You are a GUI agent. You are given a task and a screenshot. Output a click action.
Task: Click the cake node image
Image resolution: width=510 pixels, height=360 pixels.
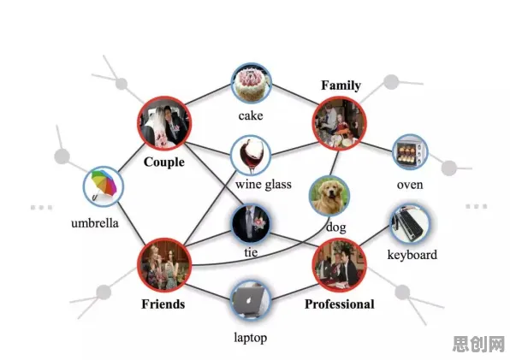(251, 83)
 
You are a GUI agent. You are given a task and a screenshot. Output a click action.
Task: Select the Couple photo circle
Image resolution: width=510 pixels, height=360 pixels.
(164, 123)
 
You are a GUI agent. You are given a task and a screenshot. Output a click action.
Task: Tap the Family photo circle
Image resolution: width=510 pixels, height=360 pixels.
(340, 123)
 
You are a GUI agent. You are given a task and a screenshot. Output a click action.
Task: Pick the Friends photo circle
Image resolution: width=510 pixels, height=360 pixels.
(164, 265)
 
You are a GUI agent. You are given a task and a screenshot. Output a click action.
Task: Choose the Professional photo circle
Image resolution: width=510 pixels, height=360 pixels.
(340, 265)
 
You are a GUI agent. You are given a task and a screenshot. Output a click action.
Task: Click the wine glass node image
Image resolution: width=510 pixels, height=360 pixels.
(251, 156)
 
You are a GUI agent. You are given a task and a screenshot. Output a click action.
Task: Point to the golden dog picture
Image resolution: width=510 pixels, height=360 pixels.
(329, 196)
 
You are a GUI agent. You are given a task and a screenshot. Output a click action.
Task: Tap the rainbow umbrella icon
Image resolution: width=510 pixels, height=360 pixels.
(104, 186)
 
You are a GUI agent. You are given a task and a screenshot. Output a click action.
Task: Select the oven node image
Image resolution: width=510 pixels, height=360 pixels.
(410, 152)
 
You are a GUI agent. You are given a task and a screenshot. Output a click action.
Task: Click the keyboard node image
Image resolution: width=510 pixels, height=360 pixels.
(410, 224)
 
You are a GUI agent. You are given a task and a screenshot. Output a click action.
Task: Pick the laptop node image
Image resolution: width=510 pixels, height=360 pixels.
(251, 300)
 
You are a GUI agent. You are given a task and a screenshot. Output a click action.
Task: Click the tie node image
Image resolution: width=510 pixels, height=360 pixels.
(251, 223)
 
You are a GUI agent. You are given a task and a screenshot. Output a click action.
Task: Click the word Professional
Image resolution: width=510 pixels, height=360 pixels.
(340, 304)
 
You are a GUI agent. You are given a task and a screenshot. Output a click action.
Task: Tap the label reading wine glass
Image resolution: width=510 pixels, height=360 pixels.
(264, 185)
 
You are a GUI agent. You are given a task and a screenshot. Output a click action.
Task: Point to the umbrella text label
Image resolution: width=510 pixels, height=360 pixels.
(95, 223)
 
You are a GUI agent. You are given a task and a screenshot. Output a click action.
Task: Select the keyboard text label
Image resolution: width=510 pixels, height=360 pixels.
(412, 255)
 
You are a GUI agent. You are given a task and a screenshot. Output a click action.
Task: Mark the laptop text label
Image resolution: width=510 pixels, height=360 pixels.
(251, 338)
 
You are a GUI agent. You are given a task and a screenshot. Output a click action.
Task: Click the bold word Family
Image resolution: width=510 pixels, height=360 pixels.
(341, 86)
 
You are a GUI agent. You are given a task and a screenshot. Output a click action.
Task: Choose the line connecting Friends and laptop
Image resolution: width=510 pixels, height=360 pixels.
(208, 292)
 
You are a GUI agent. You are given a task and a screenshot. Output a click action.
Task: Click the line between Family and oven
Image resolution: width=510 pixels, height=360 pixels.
(377, 146)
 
